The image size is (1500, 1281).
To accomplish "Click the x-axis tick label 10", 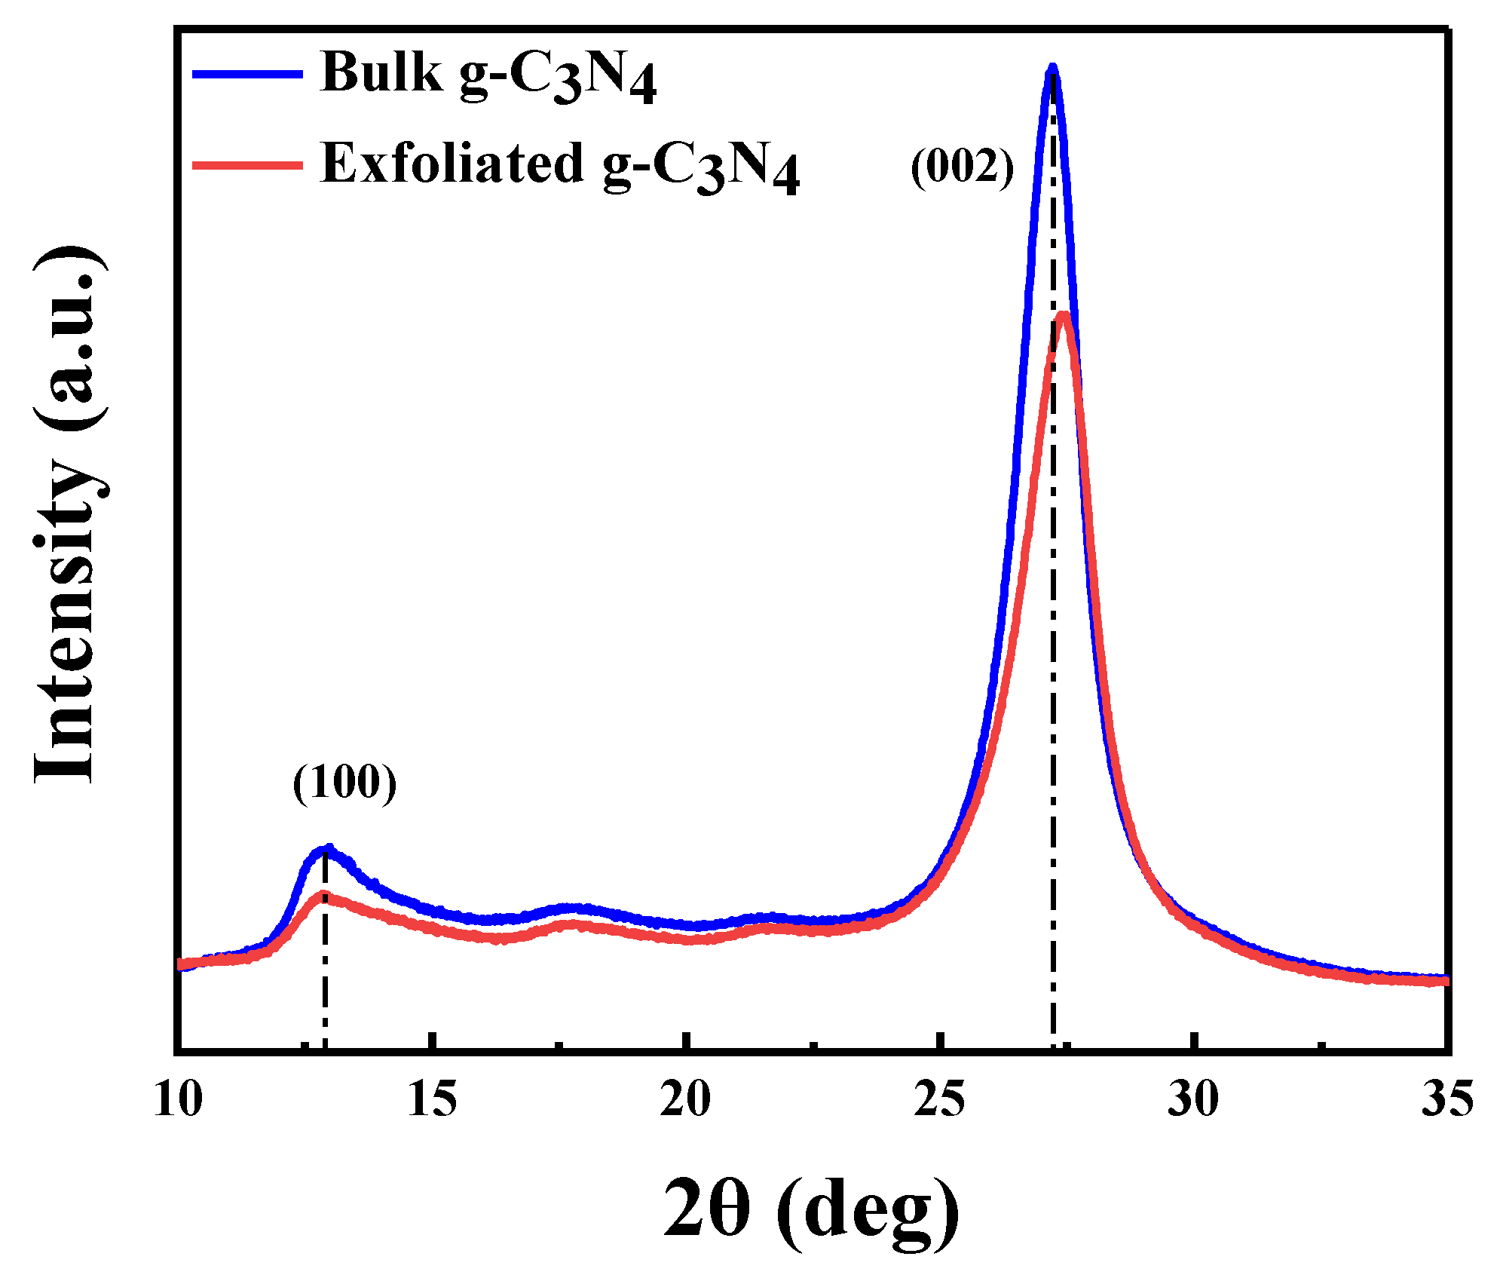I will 179,1099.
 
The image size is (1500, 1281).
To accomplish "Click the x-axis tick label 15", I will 432,1099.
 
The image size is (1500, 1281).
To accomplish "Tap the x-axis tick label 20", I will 685,1099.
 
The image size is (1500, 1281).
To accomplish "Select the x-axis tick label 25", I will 939,1099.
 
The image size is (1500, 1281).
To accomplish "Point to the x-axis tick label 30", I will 1193,1099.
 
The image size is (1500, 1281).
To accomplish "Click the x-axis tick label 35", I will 1446,1099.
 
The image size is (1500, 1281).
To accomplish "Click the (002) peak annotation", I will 963,167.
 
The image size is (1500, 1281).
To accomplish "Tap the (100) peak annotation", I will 344,783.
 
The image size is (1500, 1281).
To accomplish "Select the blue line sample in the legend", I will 247,74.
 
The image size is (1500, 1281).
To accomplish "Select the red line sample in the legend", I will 247,164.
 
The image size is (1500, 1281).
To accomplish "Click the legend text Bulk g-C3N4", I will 488,75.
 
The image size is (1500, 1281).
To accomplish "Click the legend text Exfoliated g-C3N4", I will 559,166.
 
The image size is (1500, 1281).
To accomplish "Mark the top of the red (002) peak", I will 1064,315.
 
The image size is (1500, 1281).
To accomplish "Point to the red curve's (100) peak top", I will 323,895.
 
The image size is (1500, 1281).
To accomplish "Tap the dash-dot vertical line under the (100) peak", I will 325,980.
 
